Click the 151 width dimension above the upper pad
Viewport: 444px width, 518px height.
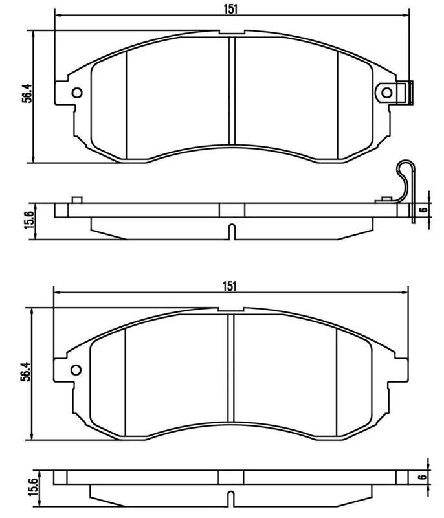[x=231, y=9]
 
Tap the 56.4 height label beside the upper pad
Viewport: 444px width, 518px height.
[x=27, y=93]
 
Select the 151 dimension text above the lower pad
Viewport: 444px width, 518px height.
[x=230, y=286]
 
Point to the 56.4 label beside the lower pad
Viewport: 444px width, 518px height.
[x=26, y=372]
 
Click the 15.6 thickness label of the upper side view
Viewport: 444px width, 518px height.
[x=29, y=220]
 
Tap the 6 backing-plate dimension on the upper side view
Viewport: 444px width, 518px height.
[x=423, y=210]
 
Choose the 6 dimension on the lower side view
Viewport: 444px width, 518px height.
[x=422, y=477]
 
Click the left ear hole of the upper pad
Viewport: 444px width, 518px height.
[x=77, y=93]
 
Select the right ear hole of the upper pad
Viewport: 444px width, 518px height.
[x=386, y=93]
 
